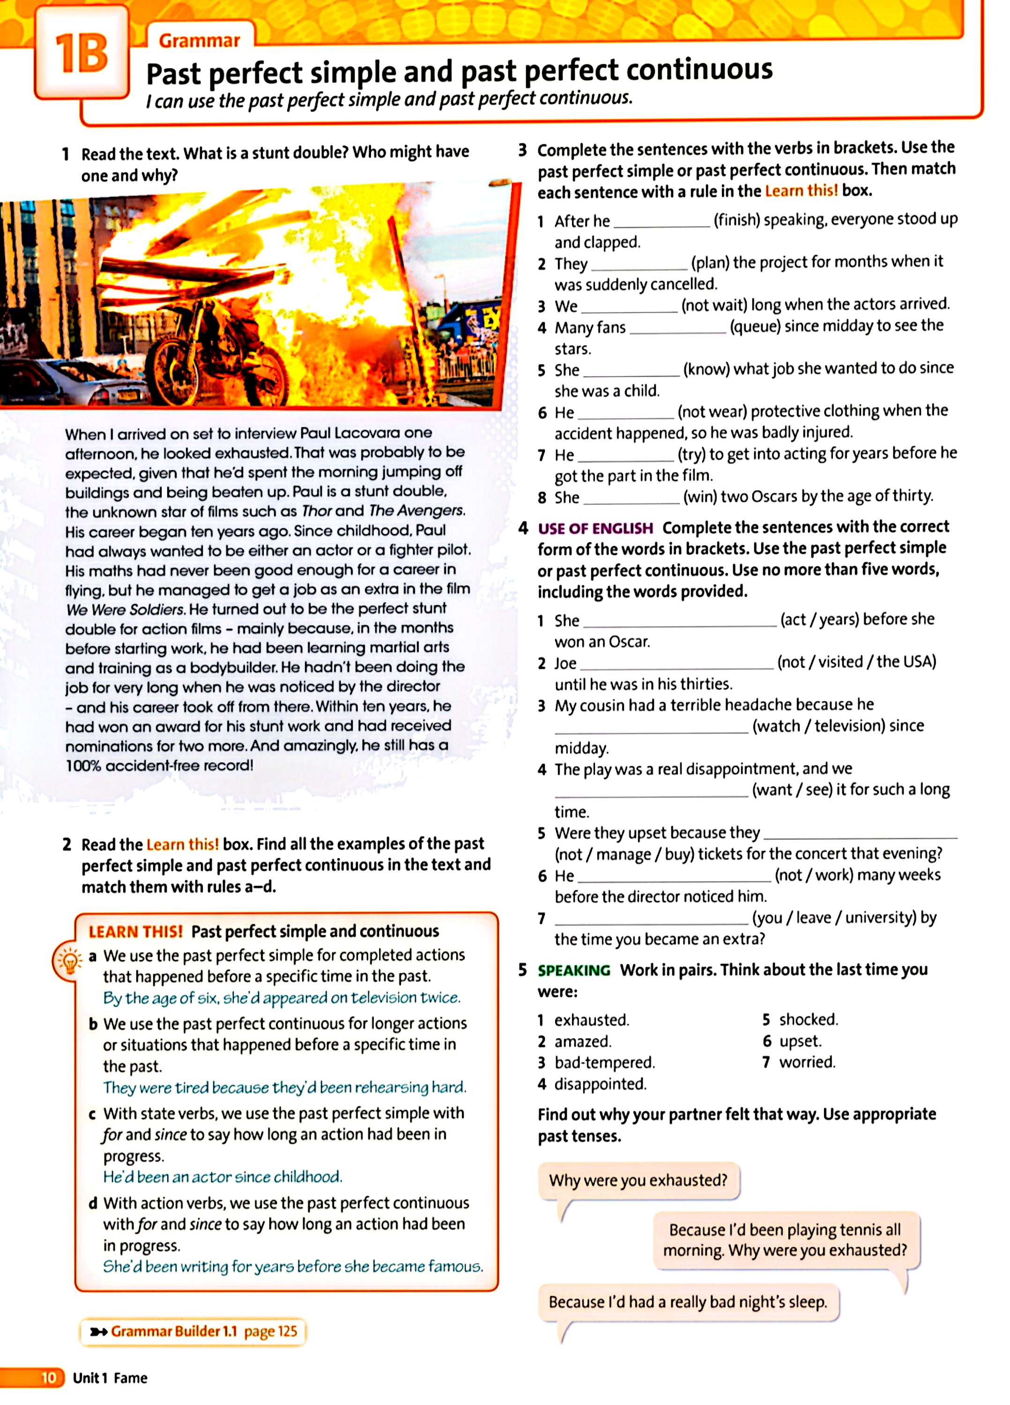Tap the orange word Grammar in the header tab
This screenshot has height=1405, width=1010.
(x=199, y=41)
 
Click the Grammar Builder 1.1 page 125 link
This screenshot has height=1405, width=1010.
(x=193, y=1331)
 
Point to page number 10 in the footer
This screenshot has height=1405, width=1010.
(x=48, y=1378)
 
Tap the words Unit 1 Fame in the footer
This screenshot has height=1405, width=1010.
(x=110, y=1378)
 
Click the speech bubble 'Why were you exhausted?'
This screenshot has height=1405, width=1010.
(x=638, y=1180)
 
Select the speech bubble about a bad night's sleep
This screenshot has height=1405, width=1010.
(x=687, y=1301)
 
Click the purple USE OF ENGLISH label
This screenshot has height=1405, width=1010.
(x=595, y=528)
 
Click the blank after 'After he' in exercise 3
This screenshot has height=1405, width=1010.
(x=661, y=222)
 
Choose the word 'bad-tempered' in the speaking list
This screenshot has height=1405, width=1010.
(x=604, y=1063)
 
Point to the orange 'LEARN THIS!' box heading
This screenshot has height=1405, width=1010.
(x=136, y=932)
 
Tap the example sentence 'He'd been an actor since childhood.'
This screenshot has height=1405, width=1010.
(x=223, y=1176)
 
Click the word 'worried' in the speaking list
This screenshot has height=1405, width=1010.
(x=807, y=1062)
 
